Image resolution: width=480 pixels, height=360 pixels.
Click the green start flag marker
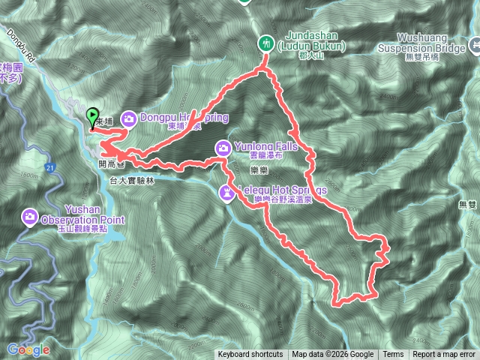tap(92, 117)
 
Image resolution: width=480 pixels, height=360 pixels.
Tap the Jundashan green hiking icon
tap(265, 43)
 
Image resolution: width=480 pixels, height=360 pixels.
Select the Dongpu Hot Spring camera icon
tap(128, 118)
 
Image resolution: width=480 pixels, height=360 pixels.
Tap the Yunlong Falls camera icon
tap(223, 147)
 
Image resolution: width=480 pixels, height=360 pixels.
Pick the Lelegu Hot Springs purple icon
tap(226, 193)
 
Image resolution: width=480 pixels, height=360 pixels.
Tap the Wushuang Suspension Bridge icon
tap(473, 46)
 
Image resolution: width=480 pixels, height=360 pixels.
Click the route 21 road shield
tap(49, 166)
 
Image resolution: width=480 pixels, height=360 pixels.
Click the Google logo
tap(28, 349)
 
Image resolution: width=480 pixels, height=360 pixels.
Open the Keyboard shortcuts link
tap(250, 355)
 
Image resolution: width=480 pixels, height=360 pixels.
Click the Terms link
tap(393, 355)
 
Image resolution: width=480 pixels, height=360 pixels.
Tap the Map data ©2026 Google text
tap(332, 355)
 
